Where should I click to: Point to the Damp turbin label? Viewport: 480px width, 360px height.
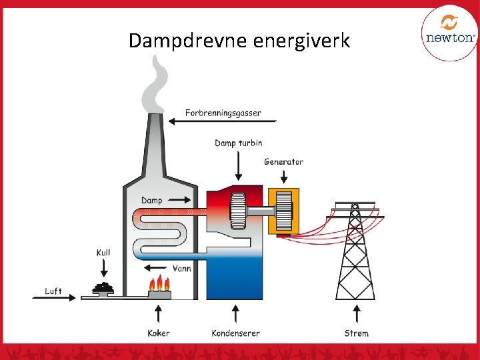239,143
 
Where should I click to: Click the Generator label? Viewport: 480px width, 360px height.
283,161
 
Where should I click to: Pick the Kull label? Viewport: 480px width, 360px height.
103,253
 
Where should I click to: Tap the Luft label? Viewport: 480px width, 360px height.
53,291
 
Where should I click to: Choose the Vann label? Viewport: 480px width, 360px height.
182,269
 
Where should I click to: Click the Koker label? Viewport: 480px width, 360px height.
159,333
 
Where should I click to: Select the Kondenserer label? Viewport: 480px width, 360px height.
235,333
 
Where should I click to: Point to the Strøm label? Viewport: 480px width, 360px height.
356,333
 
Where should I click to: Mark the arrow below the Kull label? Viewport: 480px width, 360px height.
103,268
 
